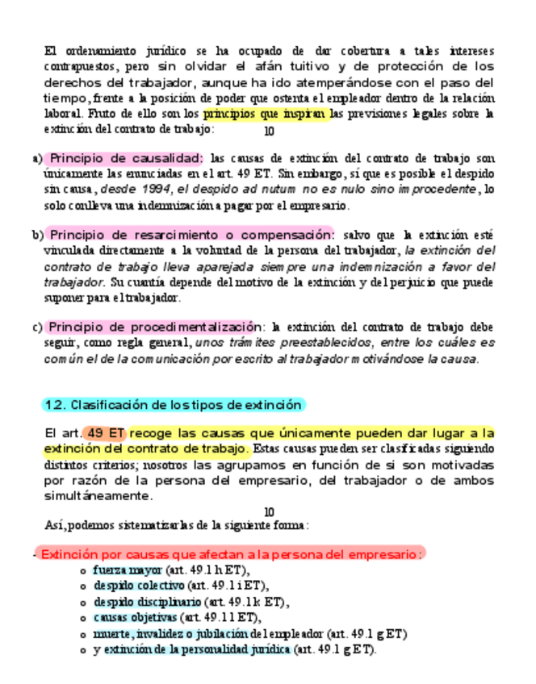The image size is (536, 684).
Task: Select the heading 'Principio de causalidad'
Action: click(125, 158)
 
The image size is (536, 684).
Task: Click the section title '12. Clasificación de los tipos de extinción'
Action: click(173, 404)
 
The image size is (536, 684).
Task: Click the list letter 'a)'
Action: click(37, 158)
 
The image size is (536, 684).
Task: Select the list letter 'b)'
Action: click(37, 236)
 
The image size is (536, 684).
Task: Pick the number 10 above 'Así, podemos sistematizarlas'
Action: click(270, 512)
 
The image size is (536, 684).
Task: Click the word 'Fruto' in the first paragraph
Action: click(107, 115)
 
